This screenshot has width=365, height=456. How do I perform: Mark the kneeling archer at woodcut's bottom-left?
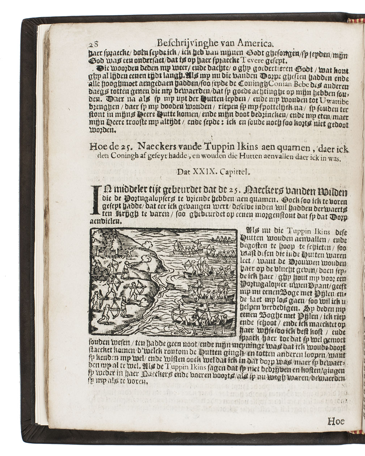pos(106,314)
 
